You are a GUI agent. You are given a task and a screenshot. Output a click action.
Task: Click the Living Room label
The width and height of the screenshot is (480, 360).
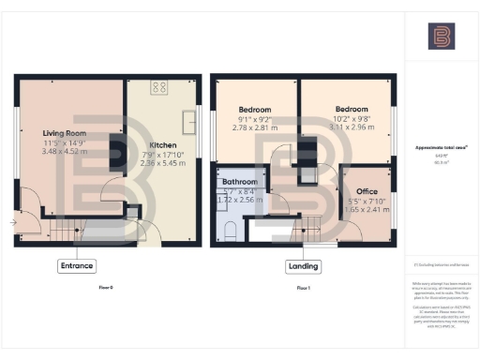click(64, 133)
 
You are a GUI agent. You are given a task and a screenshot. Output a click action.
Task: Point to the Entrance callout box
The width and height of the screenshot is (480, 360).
click(77, 265)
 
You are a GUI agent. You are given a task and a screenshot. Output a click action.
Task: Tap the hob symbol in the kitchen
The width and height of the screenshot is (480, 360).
click(158, 88)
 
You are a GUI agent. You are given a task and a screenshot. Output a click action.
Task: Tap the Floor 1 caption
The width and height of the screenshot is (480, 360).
click(303, 287)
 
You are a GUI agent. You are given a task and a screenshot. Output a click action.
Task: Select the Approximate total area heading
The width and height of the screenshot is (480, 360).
click(440, 148)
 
